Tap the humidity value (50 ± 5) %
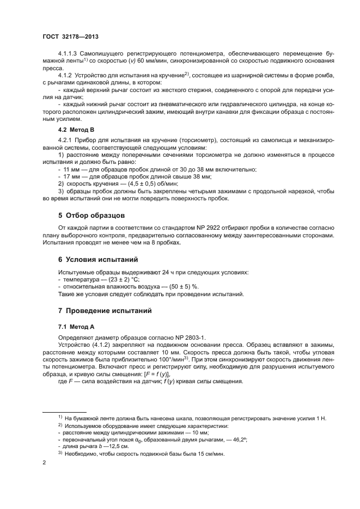coord(181,286)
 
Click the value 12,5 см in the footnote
coord(115,446)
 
